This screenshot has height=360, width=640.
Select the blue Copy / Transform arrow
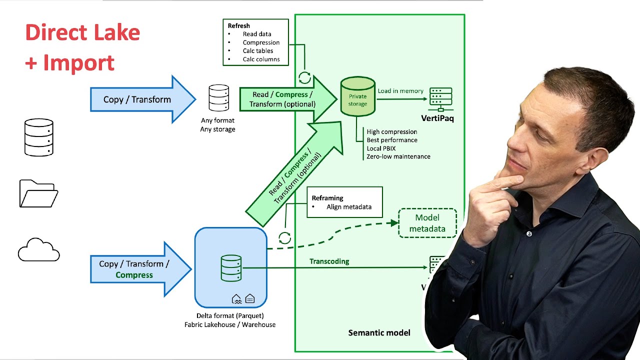point(137,99)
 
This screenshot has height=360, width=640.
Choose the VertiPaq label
point(437,118)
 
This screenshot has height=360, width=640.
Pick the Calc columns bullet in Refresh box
point(261,59)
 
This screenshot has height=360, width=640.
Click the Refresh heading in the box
point(239,25)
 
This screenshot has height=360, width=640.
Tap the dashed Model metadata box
point(427,223)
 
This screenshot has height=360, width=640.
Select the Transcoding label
point(329,261)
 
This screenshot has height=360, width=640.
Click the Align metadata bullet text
point(348,207)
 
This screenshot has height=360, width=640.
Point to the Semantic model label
point(379,332)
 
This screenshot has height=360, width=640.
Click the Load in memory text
point(400,91)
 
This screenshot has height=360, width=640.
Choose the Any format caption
point(217,120)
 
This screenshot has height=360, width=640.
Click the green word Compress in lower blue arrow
point(134,275)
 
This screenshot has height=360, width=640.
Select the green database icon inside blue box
point(231,268)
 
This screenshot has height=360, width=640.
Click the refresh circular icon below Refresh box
point(304,77)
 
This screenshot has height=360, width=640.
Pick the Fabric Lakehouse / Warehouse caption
point(230,324)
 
